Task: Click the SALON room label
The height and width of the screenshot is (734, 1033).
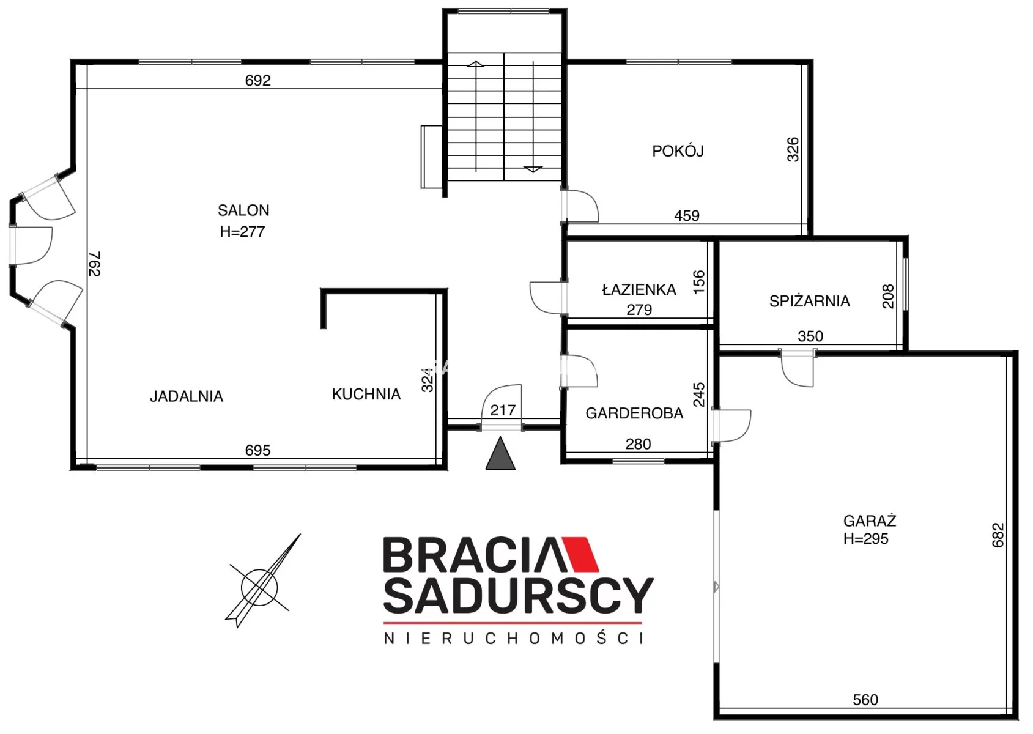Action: tap(243, 210)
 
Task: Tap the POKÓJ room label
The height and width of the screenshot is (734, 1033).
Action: tap(678, 151)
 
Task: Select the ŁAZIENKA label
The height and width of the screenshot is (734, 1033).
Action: tap(639, 289)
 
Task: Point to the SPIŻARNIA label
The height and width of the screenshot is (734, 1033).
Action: tap(809, 301)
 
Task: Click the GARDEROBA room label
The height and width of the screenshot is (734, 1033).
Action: tap(634, 413)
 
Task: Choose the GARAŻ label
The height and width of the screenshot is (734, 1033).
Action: tap(870, 521)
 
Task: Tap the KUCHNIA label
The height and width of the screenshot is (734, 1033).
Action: tap(366, 394)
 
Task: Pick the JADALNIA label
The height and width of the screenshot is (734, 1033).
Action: tap(187, 396)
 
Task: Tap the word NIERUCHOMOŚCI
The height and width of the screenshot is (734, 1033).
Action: tap(513, 639)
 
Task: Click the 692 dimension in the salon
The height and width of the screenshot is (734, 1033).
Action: tap(257, 80)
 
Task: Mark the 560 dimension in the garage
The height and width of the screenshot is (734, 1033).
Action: tap(865, 700)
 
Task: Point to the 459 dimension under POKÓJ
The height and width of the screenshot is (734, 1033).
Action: tap(687, 215)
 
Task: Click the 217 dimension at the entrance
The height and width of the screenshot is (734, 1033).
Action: tap(503, 410)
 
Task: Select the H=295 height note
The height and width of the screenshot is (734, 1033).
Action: tap(865, 538)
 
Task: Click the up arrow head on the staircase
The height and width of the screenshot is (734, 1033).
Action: tap(475, 64)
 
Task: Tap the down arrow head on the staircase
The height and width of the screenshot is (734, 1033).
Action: tap(533, 169)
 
